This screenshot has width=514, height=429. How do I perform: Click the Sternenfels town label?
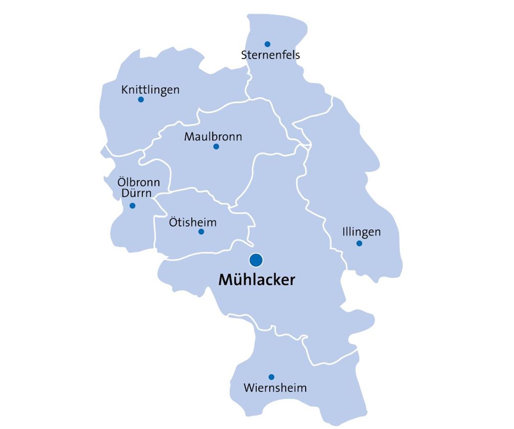click(x=271, y=56)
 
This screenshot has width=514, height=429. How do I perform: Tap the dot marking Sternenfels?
click(x=267, y=44)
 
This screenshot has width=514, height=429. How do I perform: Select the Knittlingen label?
click(x=150, y=90)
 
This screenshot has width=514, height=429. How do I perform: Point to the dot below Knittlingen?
click(x=141, y=99)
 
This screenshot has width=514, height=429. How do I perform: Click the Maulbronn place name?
click(x=213, y=136)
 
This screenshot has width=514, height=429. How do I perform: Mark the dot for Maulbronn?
click(x=216, y=146)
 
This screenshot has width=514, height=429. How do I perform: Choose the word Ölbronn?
click(x=138, y=183)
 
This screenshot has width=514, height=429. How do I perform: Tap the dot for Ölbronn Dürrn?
click(x=132, y=205)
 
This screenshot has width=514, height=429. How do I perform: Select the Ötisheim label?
click(x=193, y=222)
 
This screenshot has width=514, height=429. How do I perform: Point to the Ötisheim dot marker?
click(x=201, y=232)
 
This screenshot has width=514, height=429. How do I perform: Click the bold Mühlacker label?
click(x=257, y=280)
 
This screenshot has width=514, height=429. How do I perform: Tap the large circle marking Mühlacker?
click(x=256, y=260)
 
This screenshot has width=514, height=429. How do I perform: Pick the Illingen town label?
click(x=361, y=232)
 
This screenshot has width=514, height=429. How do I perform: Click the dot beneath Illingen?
click(x=359, y=243)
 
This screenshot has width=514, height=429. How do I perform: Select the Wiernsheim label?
click(x=275, y=388)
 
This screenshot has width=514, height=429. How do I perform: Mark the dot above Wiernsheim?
click(x=271, y=377)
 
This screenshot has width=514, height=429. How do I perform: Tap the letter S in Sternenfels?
click(x=244, y=56)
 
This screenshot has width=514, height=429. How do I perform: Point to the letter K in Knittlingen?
click(x=124, y=90)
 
